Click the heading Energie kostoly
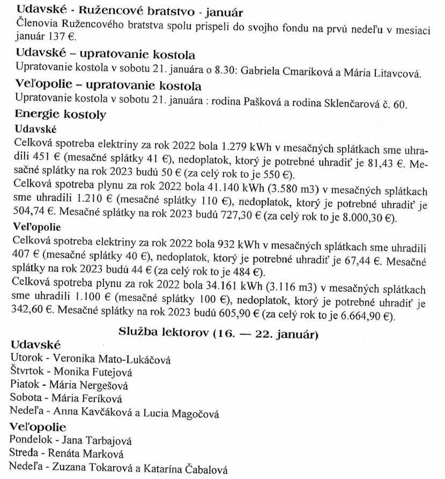click(x=61, y=115)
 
